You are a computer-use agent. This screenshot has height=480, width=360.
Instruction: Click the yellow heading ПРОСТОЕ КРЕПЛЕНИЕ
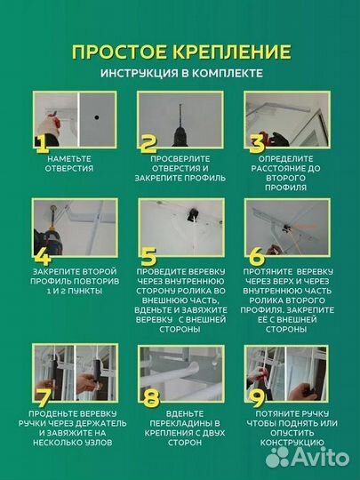pos(181,52)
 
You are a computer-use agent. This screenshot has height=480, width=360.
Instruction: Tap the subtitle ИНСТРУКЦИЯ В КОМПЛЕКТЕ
pos(181,74)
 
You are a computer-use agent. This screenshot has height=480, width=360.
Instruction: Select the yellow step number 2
pos(148,144)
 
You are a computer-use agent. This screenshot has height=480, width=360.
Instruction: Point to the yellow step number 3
pos(257,144)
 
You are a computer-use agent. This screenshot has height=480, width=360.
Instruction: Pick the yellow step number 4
pos(43,257)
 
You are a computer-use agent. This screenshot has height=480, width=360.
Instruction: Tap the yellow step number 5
pos(148,257)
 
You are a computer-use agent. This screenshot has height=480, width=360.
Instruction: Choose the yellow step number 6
pos(257,257)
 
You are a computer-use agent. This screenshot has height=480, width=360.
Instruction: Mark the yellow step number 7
pos(44,398)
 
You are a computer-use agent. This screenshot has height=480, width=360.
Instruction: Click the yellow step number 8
pos(151,398)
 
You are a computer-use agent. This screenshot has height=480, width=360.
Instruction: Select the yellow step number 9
pos(257,398)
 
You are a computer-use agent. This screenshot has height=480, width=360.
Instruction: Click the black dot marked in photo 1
pos(97,117)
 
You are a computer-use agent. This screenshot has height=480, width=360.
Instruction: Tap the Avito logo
pos(307,458)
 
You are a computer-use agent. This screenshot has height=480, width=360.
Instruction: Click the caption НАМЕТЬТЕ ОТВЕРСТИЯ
pos(69,164)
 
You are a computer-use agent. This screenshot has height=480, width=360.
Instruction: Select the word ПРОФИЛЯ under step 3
pos(285,188)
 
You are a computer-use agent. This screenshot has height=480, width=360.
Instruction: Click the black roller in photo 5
pos(193,214)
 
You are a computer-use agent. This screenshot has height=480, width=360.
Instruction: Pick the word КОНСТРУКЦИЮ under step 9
pos(292,443)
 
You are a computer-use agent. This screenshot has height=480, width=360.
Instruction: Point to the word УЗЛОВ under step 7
pos(99,443)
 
